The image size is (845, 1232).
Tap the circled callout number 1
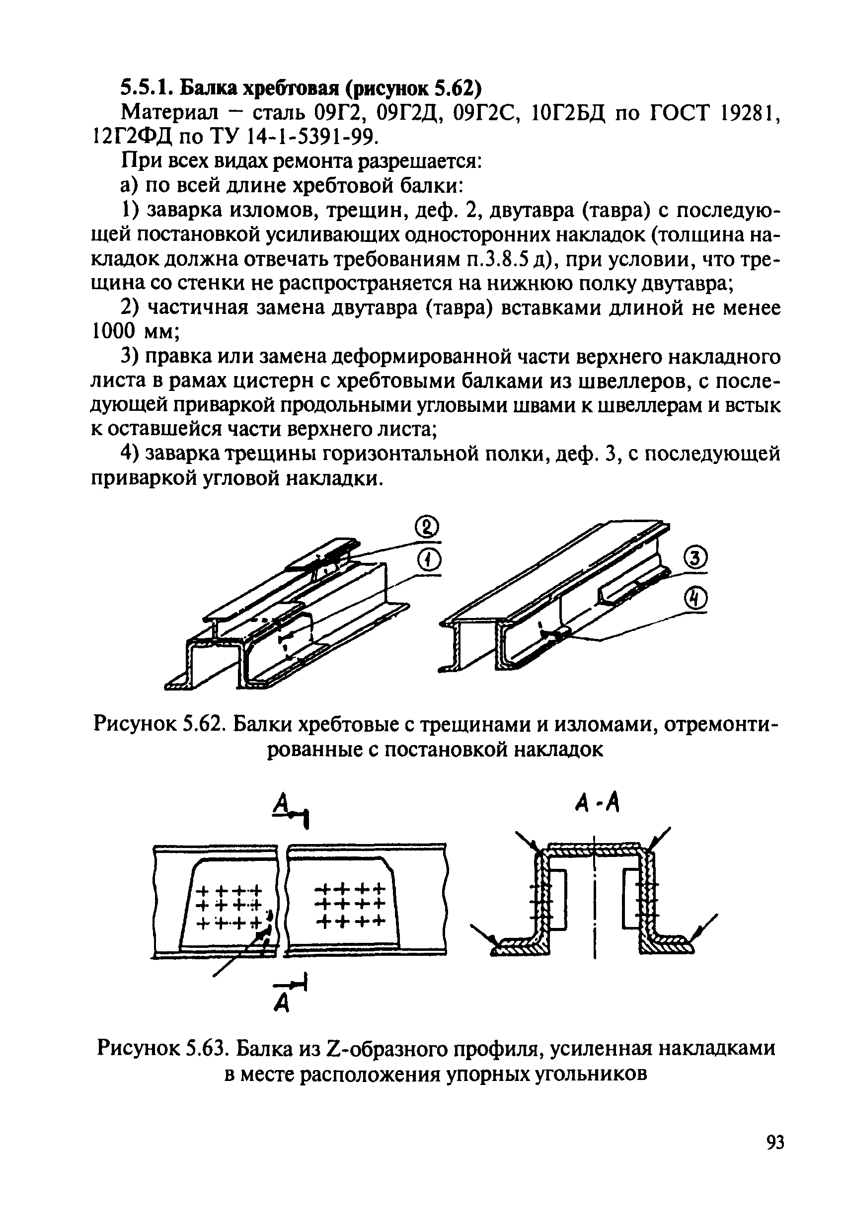(x=430, y=560)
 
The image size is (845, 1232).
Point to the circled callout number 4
(x=697, y=599)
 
